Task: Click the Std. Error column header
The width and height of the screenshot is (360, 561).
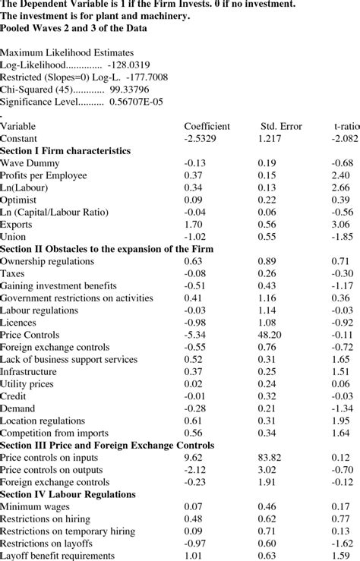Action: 281,126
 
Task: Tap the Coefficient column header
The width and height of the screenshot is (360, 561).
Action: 207,126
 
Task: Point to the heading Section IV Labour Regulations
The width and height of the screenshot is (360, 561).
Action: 68,494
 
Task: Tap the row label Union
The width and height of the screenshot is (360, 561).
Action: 14,237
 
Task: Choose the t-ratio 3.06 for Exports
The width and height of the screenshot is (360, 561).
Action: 341,225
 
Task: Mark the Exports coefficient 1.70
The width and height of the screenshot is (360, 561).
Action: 193,225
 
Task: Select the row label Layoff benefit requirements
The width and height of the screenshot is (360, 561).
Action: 58,556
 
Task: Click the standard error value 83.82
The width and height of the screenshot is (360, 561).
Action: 270,458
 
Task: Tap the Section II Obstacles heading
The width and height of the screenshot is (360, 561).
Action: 106,249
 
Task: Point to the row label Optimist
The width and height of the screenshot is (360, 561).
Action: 19,200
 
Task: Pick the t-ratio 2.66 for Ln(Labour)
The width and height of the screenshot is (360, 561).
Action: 341,188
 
